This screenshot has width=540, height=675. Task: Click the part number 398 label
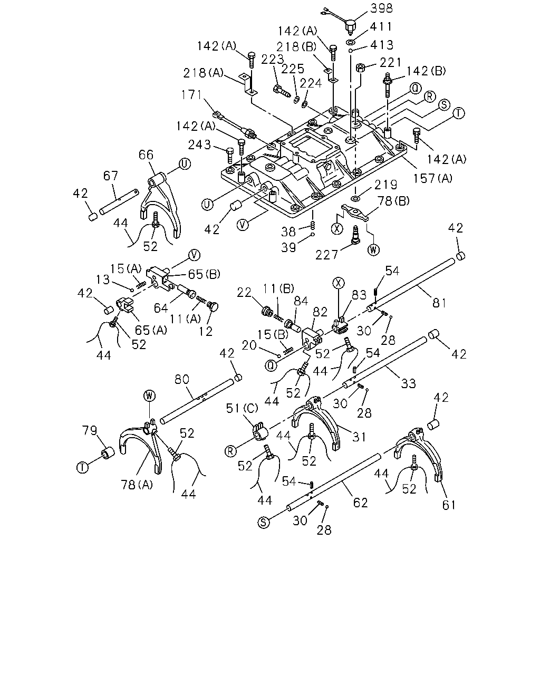[381, 8]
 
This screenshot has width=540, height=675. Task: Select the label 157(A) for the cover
[432, 178]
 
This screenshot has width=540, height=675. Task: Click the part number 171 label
[192, 94]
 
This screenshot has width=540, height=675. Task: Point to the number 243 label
[199, 144]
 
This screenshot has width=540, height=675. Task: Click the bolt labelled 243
[230, 155]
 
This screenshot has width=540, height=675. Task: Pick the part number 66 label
[146, 155]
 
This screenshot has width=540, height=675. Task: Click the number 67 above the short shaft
[110, 176]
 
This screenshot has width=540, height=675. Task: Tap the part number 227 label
[326, 255]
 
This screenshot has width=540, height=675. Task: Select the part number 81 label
[439, 303]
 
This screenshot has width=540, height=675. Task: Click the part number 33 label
[408, 383]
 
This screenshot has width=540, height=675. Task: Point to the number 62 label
[360, 503]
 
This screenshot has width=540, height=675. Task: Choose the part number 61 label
[448, 505]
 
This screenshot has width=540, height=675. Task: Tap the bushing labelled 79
[107, 454]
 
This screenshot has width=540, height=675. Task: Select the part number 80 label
[182, 379]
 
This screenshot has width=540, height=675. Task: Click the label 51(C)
[242, 408]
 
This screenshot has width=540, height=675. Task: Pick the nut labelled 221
[360, 67]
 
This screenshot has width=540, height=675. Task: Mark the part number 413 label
[382, 45]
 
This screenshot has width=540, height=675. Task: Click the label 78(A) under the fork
[137, 485]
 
